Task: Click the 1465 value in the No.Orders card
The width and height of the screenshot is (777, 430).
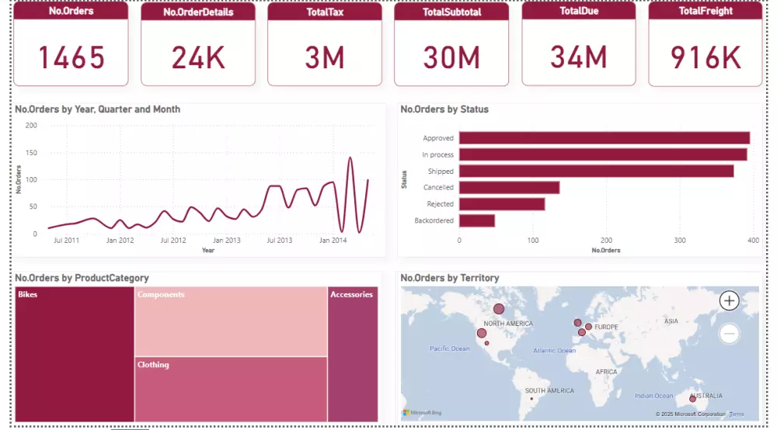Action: coord(71,57)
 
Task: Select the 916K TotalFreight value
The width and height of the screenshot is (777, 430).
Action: coord(705,57)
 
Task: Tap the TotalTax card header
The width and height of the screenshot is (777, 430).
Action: coord(324,12)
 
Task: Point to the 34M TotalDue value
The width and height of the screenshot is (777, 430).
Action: coord(578,57)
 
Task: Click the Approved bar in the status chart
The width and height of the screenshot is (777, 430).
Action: coord(604,138)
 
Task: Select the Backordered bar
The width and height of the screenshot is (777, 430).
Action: coord(476,220)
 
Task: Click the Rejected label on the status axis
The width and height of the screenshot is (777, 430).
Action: coord(440,204)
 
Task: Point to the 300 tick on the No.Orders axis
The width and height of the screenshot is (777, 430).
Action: coord(679,241)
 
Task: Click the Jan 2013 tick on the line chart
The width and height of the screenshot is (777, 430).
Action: coord(227,241)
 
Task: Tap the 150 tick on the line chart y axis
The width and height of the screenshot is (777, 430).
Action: coord(31,152)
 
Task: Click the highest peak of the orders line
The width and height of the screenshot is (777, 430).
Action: coord(350,158)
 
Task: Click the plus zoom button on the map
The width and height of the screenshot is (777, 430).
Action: coord(729,300)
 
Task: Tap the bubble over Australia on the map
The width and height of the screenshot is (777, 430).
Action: coord(692,398)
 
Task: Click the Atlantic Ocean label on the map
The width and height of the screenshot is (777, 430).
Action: coord(554,351)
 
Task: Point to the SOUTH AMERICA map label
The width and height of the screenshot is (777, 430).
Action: coord(549,390)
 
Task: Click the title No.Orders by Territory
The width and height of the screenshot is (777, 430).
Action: coord(449,278)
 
